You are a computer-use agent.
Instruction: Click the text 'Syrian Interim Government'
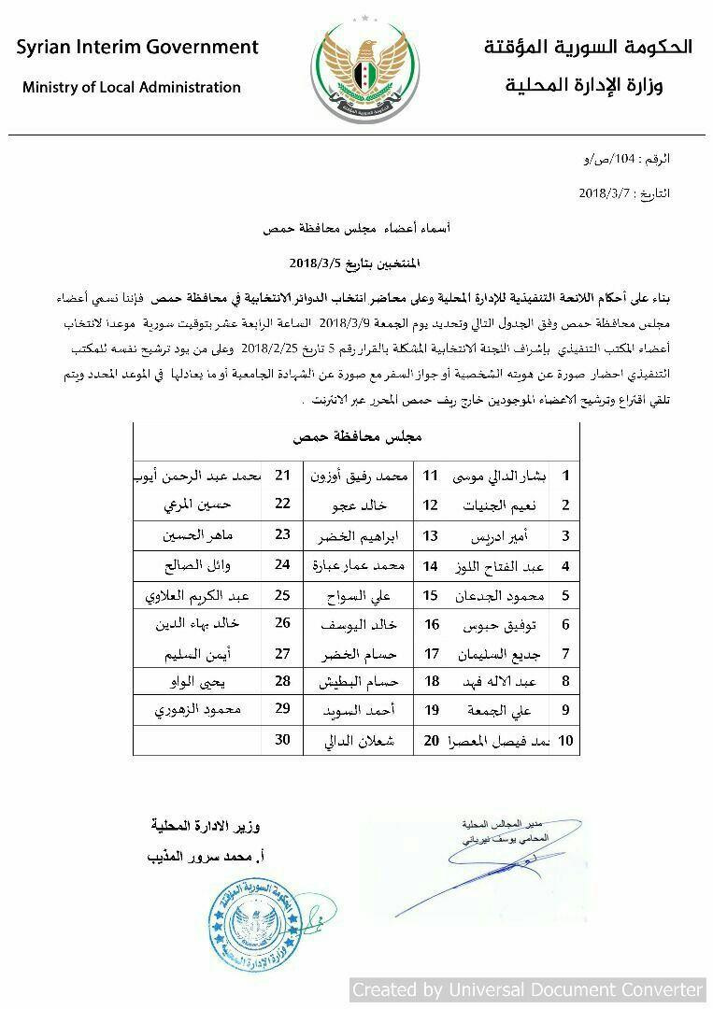(137, 47)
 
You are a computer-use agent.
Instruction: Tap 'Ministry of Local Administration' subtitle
(132, 88)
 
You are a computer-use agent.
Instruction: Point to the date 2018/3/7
(606, 194)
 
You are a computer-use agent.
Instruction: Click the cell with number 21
(282, 476)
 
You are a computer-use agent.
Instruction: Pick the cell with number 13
(431, 536)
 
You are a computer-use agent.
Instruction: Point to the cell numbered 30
(282, 740)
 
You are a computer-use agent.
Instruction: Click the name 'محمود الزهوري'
(198, 710)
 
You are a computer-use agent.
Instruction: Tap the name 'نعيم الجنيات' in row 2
(500, 506)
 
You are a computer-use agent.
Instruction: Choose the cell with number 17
(431, 653)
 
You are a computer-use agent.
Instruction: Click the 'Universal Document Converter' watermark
(528, 989)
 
